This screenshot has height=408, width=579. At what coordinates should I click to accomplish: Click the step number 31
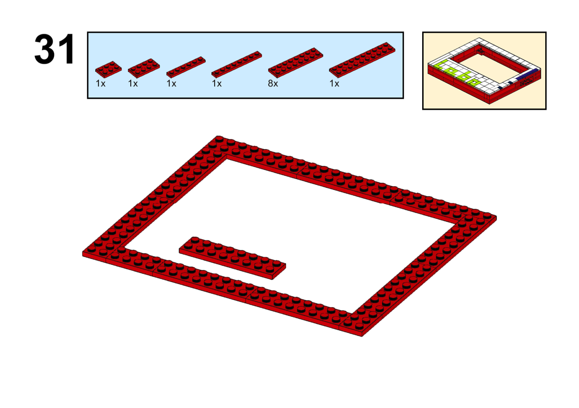click(x=54, y=49)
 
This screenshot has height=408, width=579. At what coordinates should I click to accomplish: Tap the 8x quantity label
click(x=273, y=83)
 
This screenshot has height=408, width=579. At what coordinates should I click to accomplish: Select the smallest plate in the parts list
click(x=108, y=69)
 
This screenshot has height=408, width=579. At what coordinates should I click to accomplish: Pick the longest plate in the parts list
click(x=362, y=60)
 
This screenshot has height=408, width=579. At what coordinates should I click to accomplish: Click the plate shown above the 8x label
click(x=295, y=63)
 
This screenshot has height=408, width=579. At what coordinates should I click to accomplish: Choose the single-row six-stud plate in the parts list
click(x=186, y=67)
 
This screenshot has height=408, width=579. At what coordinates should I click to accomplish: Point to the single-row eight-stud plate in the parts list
click(x=236, y=64)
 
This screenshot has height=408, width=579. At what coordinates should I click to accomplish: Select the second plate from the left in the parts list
click(x=144, y=68)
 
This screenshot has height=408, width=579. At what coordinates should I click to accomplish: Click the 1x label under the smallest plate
click(x=100, y=83)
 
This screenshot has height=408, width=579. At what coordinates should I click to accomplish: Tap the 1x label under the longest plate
click(x=334, y=83)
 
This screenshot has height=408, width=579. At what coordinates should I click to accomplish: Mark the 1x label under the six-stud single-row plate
click(x=171, y=83)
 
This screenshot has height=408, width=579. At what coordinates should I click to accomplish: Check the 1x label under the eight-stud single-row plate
click(x=217, y=83)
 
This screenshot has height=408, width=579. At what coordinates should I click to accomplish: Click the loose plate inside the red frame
click(x=233, y=258)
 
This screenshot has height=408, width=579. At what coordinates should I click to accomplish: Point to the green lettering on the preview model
click(x=457, y=73)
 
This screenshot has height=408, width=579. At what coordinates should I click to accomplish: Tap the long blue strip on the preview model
click(x=526, y=74)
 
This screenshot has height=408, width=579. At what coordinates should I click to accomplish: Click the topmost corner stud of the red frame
click(x=219, y=139)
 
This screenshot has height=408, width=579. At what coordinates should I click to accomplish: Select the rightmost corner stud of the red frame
click(x=487, y=215)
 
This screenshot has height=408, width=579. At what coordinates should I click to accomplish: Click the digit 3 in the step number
click(x=44, y=49)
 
